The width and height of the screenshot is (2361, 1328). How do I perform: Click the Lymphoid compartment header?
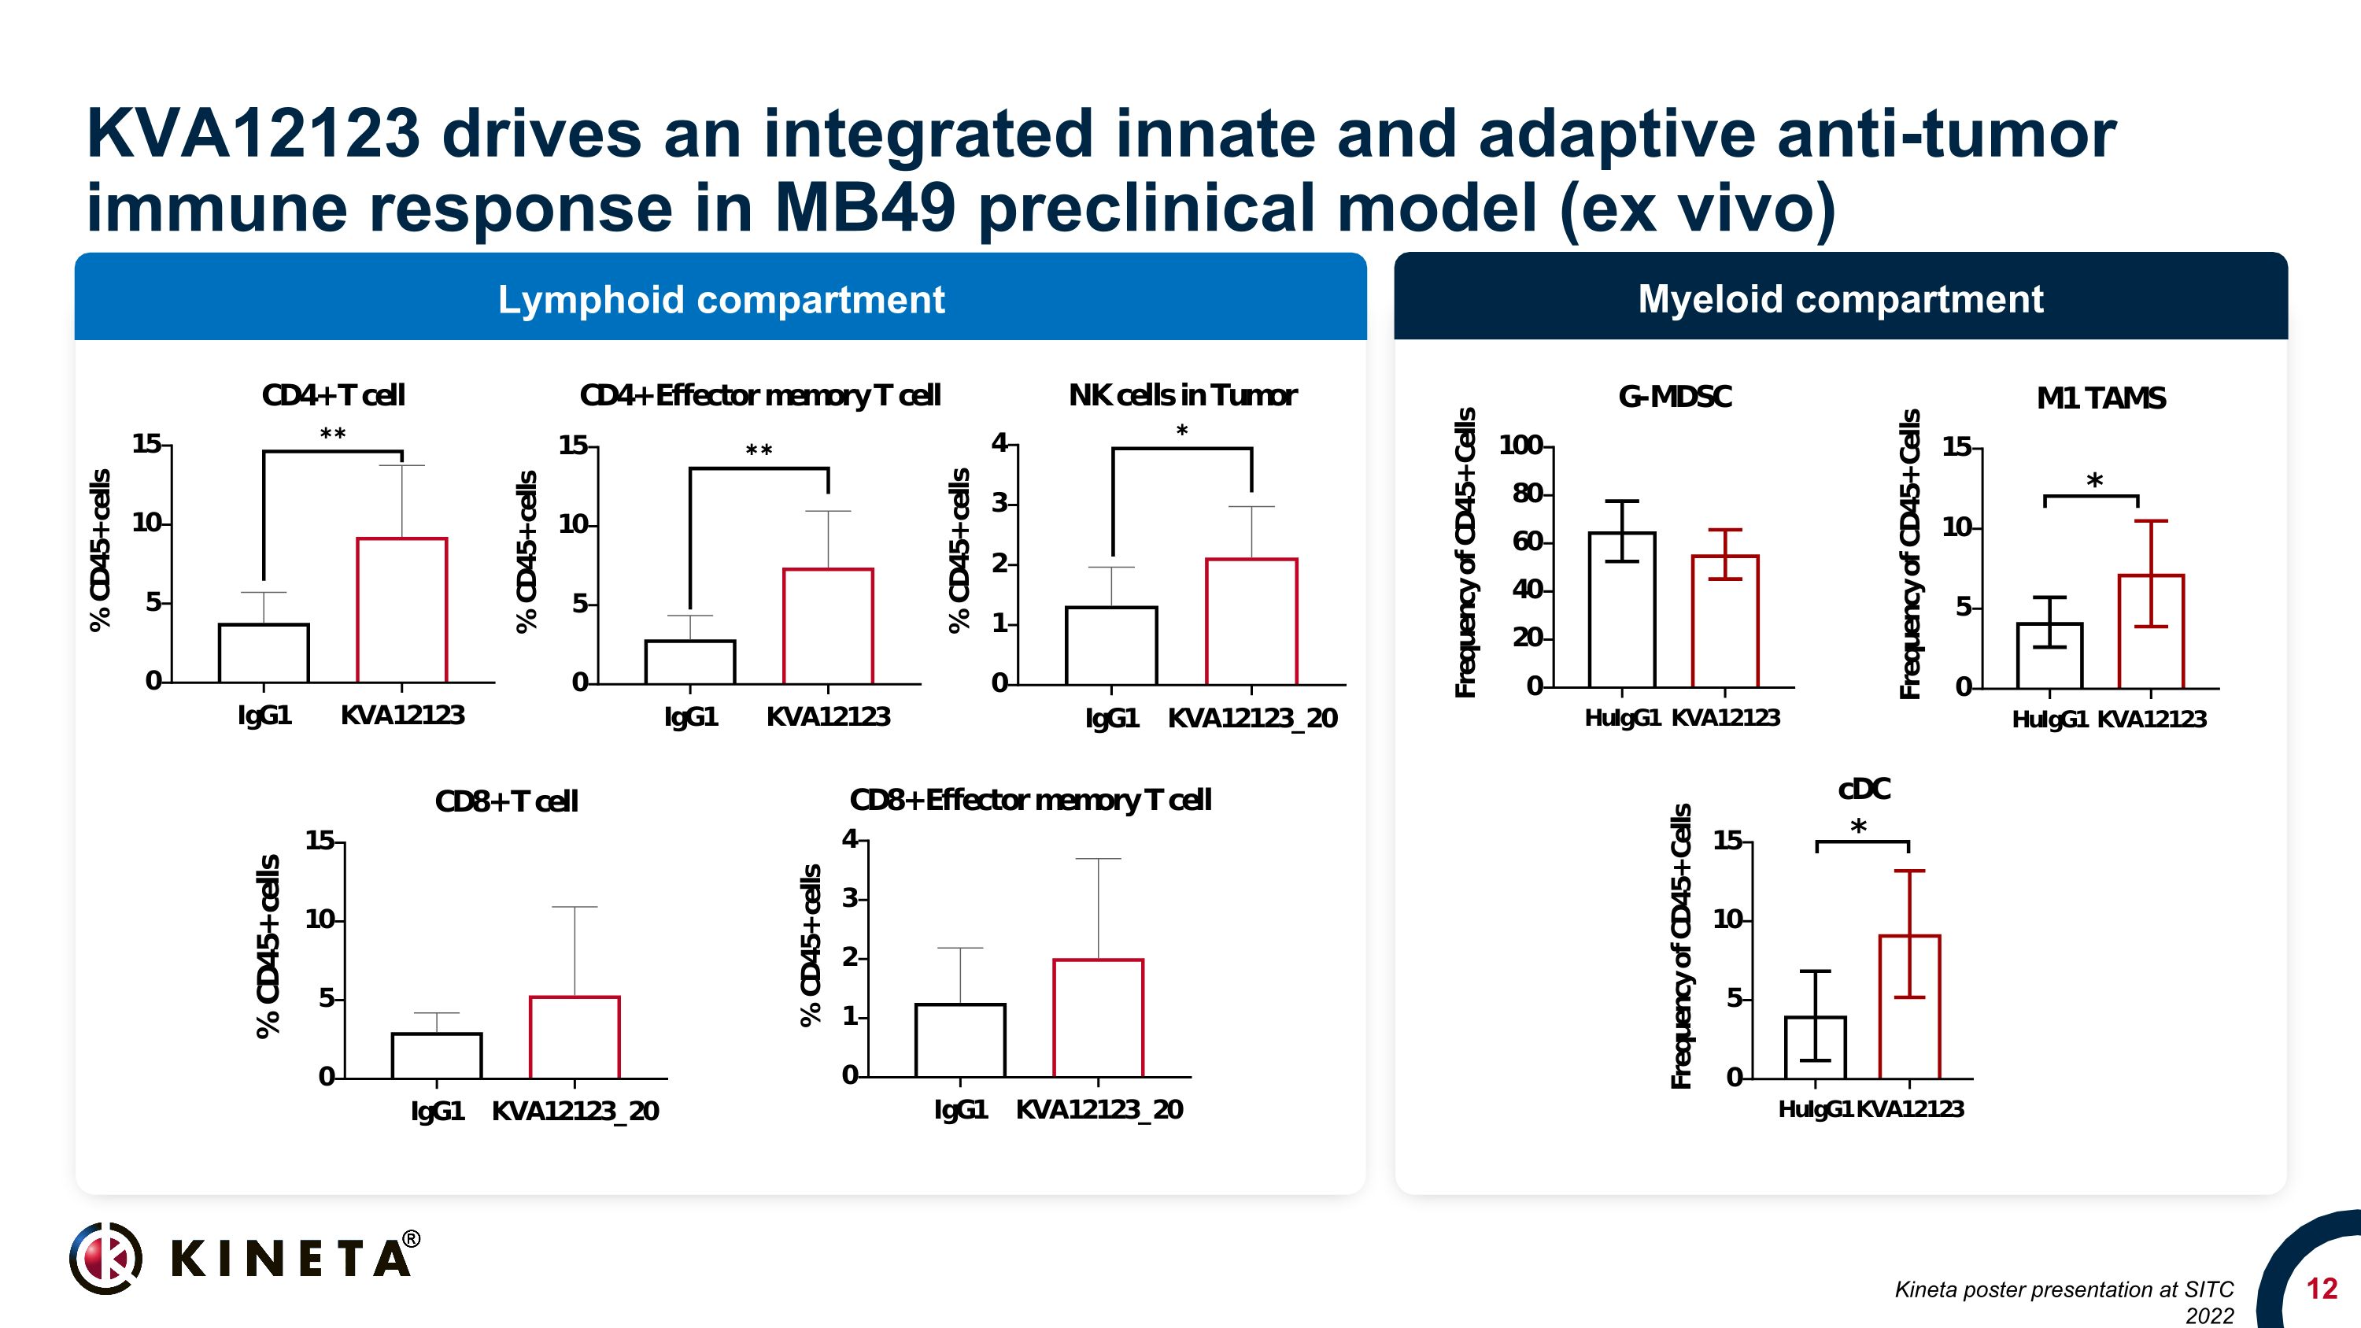(x=720, y=300)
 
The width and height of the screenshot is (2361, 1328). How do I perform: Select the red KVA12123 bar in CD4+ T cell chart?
(x=401, y=610)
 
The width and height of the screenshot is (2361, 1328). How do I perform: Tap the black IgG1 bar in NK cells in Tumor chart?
(x=1110, y=646)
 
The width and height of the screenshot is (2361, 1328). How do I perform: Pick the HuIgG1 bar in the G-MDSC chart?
(x=1621, y=609)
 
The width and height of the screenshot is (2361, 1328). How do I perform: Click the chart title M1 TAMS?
(x=2101, y=398)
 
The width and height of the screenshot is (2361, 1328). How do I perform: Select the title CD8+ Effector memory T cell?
(x=1030, y=800)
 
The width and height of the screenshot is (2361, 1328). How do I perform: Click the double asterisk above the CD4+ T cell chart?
(x=333, y=435)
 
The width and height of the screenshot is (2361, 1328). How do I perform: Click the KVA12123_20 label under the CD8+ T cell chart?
(x=575, y=1111)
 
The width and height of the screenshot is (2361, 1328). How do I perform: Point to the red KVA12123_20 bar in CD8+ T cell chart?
(x=575, y=1038)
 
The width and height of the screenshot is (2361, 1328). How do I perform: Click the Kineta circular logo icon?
(x=106, y=1257)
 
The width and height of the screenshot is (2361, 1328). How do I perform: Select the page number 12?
(x=2322, y=1289)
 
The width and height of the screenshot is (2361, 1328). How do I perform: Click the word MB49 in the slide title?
(x=864, y=207)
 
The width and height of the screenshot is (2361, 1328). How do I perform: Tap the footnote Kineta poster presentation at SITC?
(x=2064, y=1289)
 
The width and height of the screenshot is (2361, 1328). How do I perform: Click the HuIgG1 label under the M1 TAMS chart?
(x=2049, y=719)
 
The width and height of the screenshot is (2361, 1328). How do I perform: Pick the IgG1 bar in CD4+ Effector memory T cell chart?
(x=690, y=662)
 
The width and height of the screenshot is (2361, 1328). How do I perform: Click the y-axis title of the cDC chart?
(x=1681, y=946)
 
